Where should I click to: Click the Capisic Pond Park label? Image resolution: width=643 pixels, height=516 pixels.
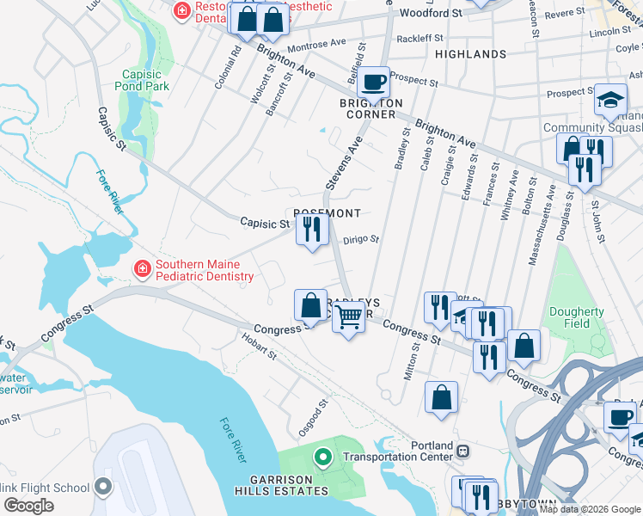click(144, 80)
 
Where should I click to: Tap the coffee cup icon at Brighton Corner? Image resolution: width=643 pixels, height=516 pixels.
click(373, 83)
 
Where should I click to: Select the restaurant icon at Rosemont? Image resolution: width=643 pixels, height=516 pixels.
click(311, 230)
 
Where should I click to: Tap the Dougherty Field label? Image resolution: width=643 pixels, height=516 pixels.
click(577, 317)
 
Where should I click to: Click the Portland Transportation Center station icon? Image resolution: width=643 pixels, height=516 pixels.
click(462, 451)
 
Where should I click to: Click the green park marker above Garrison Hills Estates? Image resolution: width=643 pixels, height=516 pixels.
click(323, 458)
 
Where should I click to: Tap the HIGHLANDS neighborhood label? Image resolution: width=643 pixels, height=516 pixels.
click(470, 54)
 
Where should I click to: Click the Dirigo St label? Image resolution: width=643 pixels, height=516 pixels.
click(361, 241)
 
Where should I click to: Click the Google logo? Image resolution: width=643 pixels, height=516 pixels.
click(28, 506)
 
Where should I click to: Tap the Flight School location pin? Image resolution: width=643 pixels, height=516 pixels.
click(103, 488)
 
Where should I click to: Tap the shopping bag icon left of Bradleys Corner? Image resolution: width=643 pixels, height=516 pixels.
click(310, 305)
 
